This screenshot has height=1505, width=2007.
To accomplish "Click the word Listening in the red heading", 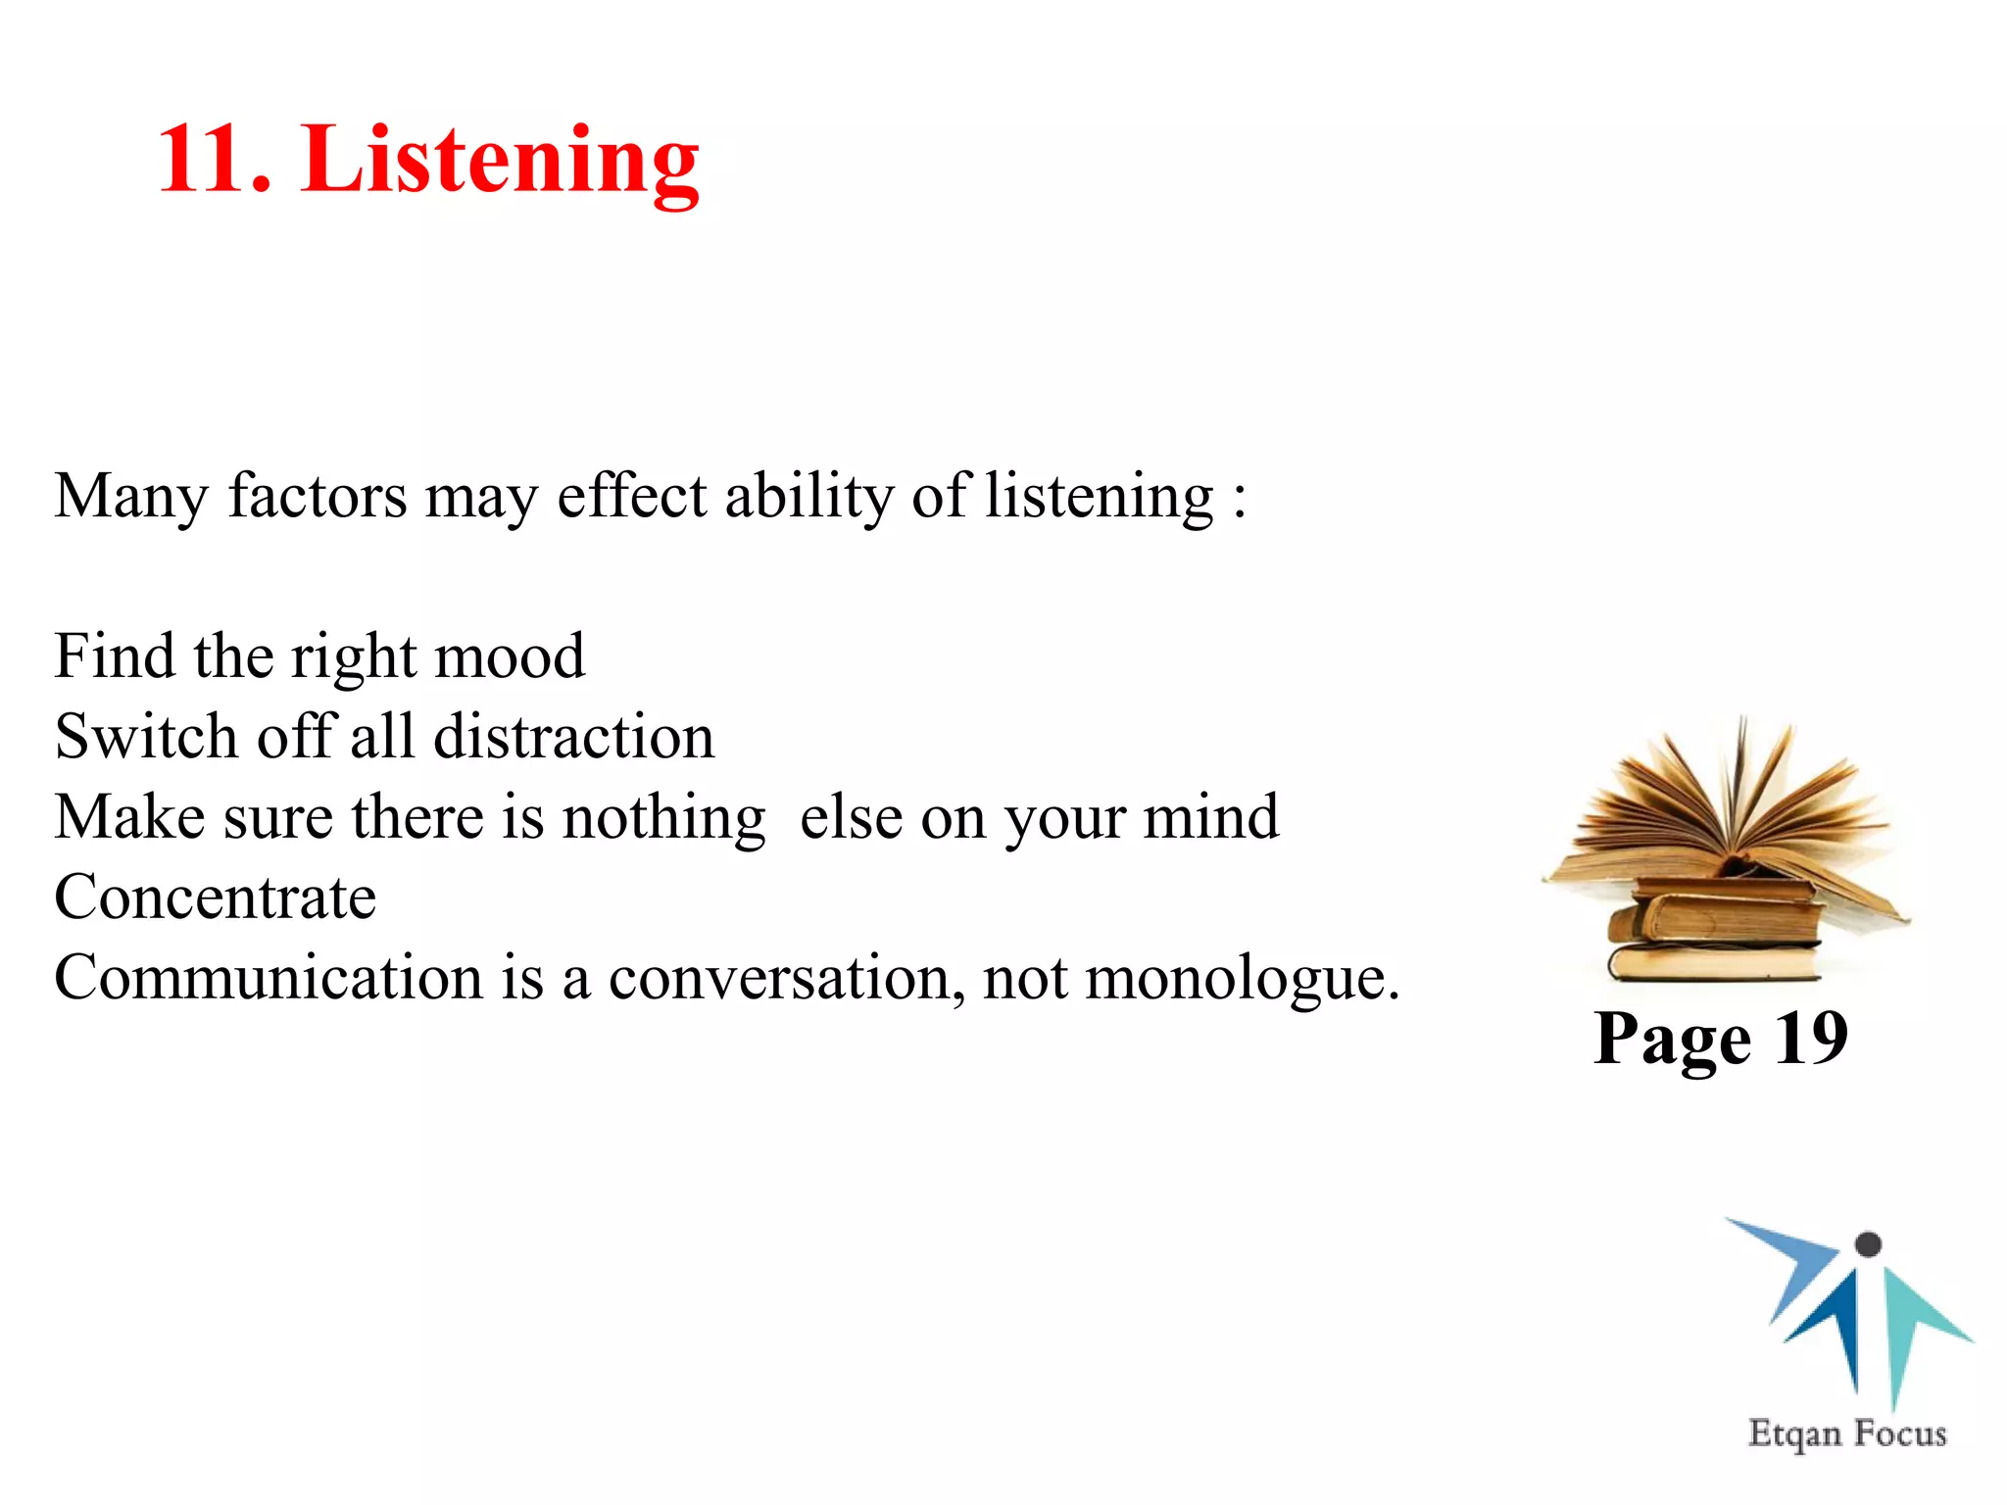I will point(501,162).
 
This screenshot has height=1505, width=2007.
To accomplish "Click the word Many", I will point(130,497).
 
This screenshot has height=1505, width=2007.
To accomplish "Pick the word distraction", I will point(573,736).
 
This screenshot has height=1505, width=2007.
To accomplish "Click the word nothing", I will point(663,818).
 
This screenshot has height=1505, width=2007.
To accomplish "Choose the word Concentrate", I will point(216,897).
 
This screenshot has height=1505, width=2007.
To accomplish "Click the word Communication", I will point(269,977).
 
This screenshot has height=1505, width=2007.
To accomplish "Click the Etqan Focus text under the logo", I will point(1847,1433).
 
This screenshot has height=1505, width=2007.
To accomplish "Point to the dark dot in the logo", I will point(1869,1244).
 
